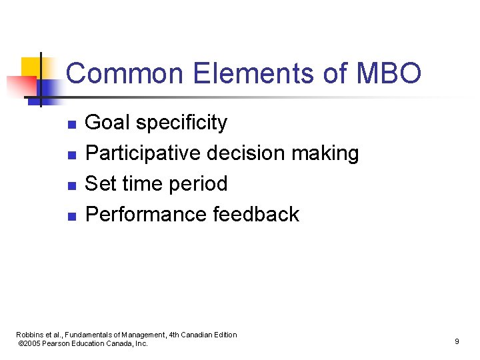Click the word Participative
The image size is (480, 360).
tap(143, 154)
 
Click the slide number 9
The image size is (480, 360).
tap(457, 341)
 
